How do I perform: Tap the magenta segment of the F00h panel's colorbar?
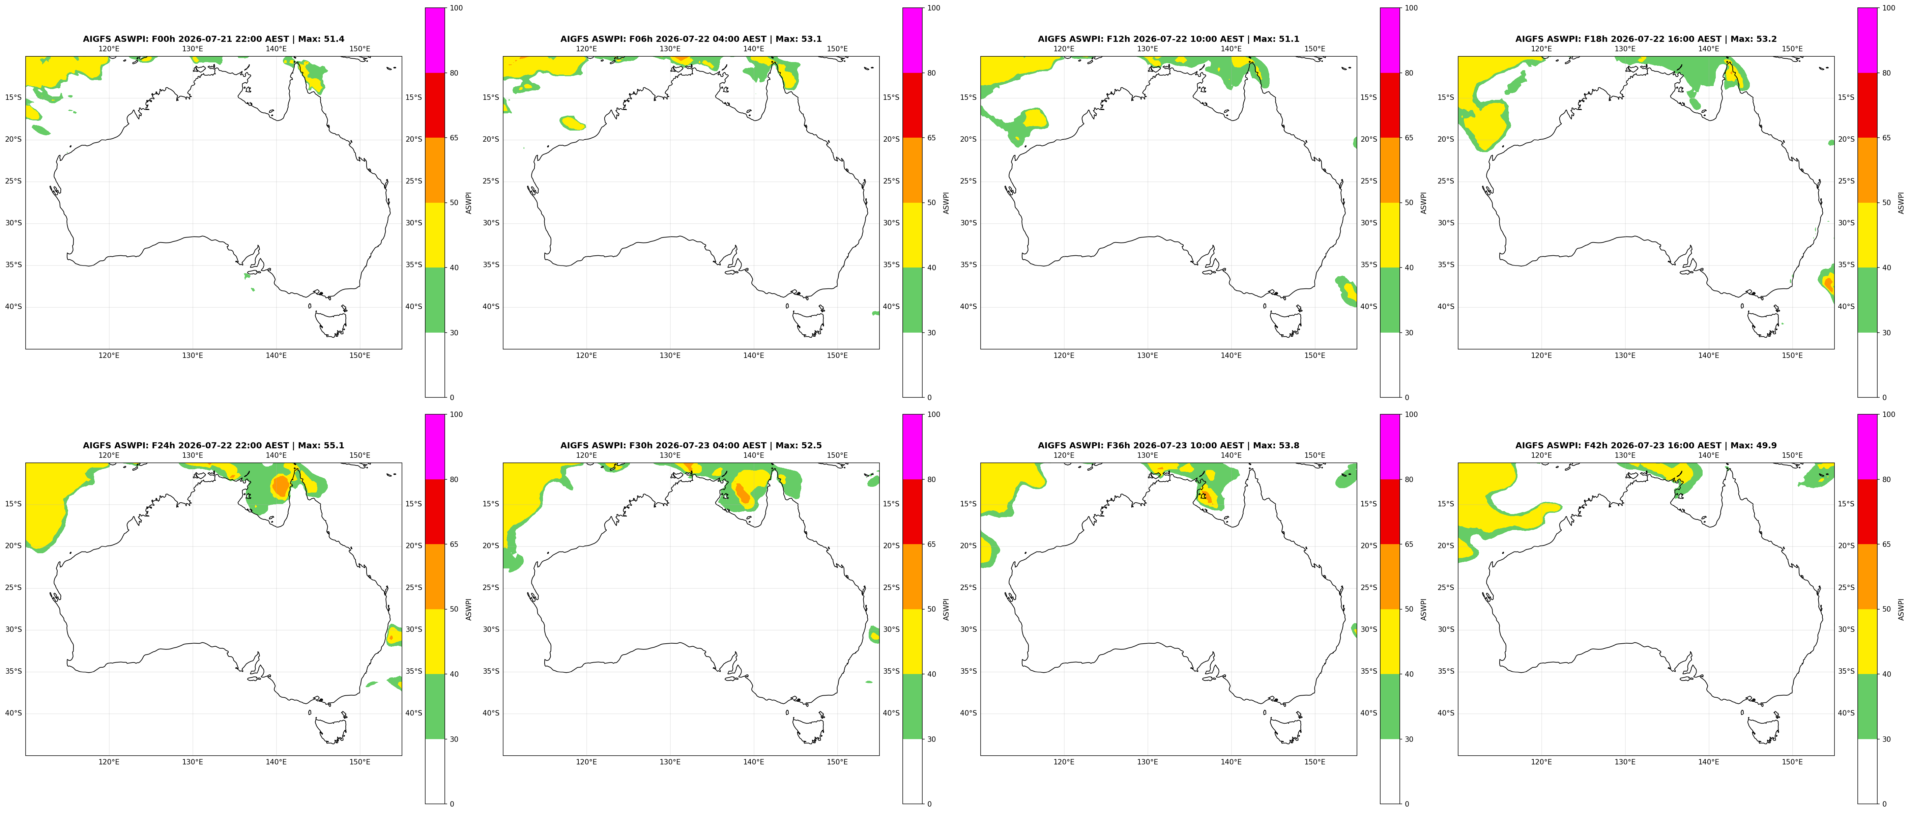435,40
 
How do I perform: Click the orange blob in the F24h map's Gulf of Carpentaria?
280,486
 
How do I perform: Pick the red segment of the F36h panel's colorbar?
1390,512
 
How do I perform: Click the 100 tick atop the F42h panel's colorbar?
1888,415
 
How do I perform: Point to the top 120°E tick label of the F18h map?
1541,49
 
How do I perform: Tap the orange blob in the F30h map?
742,493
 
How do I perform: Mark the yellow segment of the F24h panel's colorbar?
435,642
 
